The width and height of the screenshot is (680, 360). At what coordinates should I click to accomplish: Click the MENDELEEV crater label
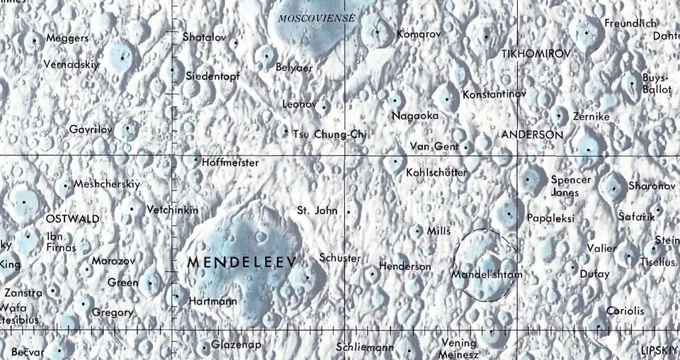pyautogui.click(x=242, y=262)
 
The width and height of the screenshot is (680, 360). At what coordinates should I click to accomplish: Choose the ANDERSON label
pyautogui.click(x=532, y=134)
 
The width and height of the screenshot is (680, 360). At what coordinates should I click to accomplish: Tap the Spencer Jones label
pyautogui.click(x=570, y=186)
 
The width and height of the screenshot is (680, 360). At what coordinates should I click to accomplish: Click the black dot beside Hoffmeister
pyautogui.click(x=196, y=159)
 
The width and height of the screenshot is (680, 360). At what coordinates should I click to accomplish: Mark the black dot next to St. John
pyautogui.click(x=348, y=211)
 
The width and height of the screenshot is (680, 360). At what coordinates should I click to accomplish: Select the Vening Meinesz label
pyautogui.click(x=458, y=348)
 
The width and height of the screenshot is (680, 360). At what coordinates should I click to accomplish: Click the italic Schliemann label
pyautogui.click(x=364, y=347)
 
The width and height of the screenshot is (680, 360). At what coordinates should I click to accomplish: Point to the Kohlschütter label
pyautogui.click(x=436, y=172)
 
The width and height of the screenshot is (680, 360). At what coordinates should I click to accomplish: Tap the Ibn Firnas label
pyautogui.click(x=61, y=242)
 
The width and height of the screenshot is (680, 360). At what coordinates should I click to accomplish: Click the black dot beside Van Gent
pyautogui.click(x=465, y=147)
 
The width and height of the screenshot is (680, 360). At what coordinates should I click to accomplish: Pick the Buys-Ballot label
pyautogui.click(x=656, y=84)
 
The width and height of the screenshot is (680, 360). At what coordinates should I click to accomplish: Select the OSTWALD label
pyautogui.click(x=72, y=219)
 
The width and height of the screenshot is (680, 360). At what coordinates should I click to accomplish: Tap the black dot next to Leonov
pyautogui.click(x=324, y=107)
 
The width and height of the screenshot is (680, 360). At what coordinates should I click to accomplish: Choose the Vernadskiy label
pyautogui.click(x=71, y=64)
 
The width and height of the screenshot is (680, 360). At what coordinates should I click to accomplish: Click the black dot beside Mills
pyautogui.click(x=416, y=230)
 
